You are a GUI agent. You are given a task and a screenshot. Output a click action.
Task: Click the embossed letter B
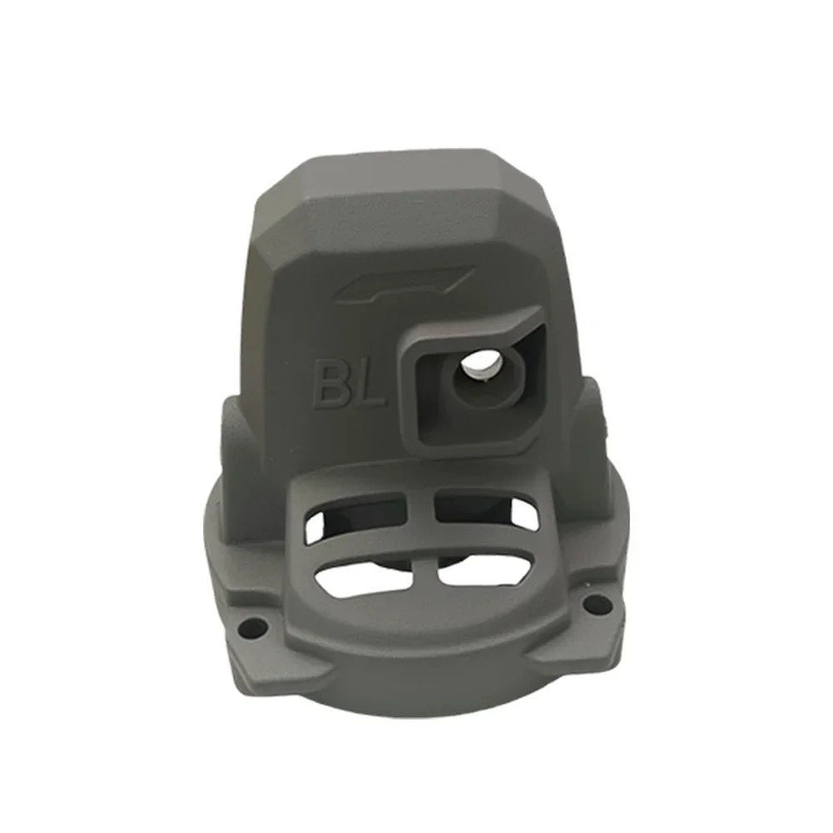tap(330, 383)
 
